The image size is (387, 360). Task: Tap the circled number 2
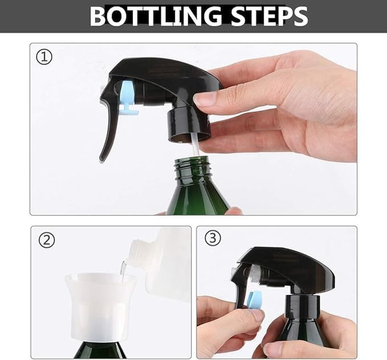tap(46, 240)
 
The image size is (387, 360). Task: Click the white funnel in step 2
tap(100, 306)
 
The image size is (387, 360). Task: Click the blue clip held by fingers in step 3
tap(254, 299)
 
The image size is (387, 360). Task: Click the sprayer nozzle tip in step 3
tap(234, 272)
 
